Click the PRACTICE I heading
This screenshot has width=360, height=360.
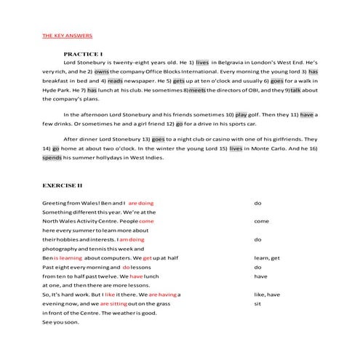pos(83,55)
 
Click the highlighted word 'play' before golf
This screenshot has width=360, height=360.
pos(241,115)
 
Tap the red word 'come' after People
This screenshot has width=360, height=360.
pos(146,221)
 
